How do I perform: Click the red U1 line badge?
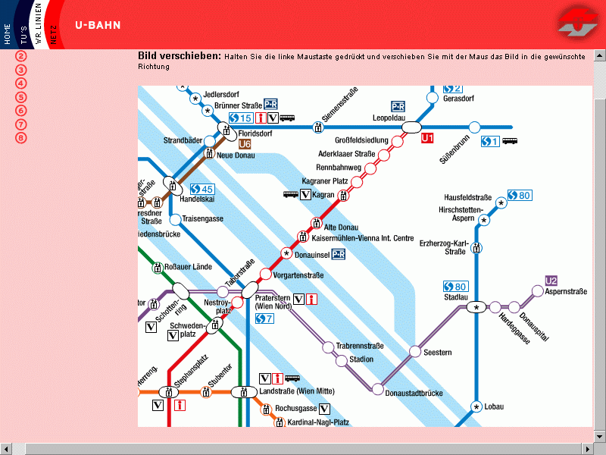point(429,138)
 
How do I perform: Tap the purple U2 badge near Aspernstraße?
point(551,281)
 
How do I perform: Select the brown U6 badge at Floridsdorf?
point(244,143)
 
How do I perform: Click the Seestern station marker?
point(415,351)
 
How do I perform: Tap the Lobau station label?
point(494,407)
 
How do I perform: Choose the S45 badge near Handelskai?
point(202,189)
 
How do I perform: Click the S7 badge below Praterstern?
point(264,318)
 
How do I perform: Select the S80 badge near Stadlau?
point(456,286)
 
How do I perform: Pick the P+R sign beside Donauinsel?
point(339,254)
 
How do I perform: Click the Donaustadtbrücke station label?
point(414,393)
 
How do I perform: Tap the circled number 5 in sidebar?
point(21,96)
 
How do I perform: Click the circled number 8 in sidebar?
point(21,137)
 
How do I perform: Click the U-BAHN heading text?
point(98,25)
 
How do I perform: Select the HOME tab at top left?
point(8,33)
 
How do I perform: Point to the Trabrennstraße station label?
point(360,346)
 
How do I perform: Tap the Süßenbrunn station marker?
point(475,127)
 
